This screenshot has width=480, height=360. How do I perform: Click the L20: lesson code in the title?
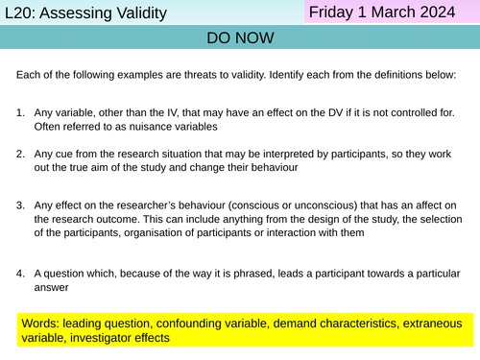pyautogui.click(x=20, y=13)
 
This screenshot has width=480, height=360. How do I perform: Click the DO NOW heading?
pyautogui.click(x=239, y=38)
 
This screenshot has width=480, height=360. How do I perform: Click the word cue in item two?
pyautogui.click(x=69, y=153)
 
